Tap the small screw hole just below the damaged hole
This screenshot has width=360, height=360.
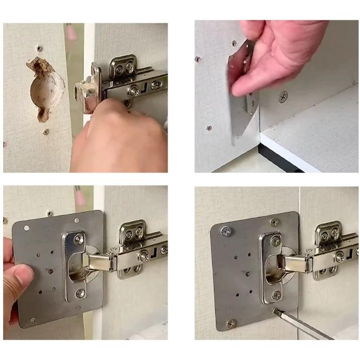pyautogui.click(x=45, y=132)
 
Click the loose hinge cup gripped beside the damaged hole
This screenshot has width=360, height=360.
pyautogui.click(x=88, y=90)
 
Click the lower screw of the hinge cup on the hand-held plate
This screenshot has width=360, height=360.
pyautogui.click(x=80, y=293)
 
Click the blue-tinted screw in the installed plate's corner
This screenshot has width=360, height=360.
pyautogui.click(x=225, y=231)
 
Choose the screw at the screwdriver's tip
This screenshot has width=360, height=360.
pyautogui.click(x=275, y=310)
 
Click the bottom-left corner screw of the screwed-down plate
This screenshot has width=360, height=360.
pyautogui.click(x=231, y=323)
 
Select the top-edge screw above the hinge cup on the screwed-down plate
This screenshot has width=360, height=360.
pyautogui.click(x=274, y=222)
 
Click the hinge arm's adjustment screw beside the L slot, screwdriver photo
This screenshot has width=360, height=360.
pyautogui.click(x=340, y=257)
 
